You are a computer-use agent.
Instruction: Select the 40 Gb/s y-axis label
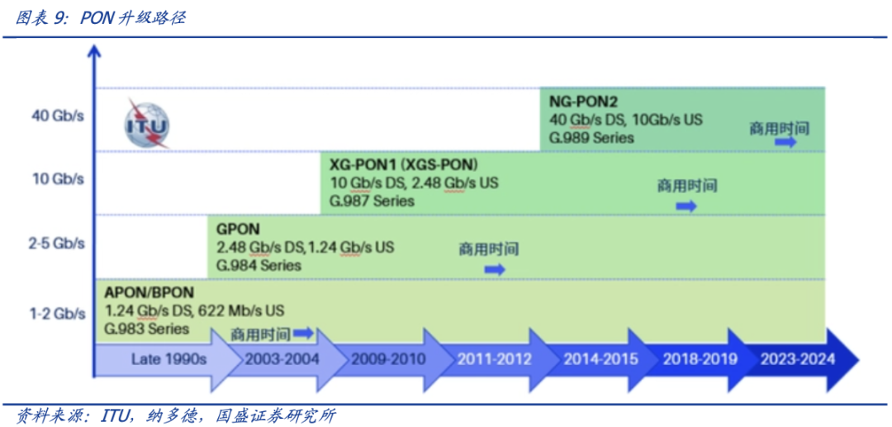click(58, 116)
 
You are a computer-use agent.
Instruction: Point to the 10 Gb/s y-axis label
click(58, 178)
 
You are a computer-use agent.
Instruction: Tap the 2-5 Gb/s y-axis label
click(56, 244)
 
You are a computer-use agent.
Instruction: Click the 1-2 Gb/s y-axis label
click(57, 313)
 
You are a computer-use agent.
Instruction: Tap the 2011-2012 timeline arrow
click(494, 359)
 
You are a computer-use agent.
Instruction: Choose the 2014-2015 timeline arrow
click(600, 359)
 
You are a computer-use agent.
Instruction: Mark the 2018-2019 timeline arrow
click(700, 359)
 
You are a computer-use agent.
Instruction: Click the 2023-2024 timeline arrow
click(799, 359)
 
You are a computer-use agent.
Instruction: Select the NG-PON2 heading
click(583, 102)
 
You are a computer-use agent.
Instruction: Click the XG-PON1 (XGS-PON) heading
click(403, 164)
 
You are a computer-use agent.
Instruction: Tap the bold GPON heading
click(238, 229)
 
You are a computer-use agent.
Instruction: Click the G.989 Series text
click(592, 137)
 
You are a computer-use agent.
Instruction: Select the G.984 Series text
click(259, 266)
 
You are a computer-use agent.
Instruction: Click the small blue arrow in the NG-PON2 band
click(785, 142)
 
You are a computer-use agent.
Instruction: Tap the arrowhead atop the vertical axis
click(95, 51)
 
